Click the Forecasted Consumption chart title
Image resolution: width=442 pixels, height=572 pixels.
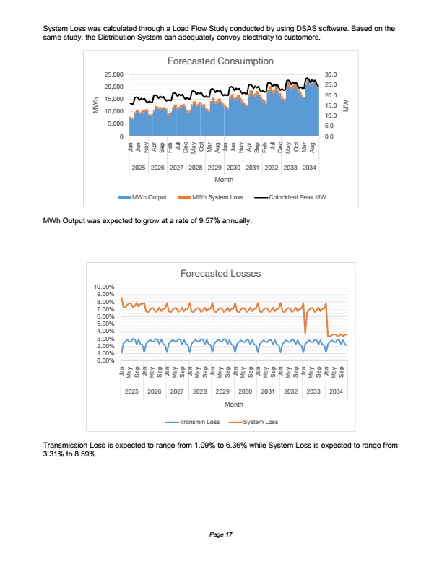220,61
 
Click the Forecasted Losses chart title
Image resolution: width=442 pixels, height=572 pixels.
220,274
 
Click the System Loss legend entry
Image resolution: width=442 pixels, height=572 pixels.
255,422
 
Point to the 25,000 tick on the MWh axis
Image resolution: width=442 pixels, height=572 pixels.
113,74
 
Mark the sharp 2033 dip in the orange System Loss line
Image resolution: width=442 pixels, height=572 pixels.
305,333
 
